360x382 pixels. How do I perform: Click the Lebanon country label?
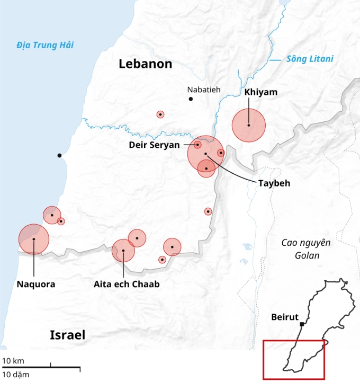(x=146, y=64)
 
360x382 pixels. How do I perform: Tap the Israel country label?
(x=68, y=335)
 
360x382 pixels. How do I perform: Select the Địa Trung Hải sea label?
(x=44, y=45)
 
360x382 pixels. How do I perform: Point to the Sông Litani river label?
(x=310, y=59)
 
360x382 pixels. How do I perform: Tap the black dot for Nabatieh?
(x=191, y=99)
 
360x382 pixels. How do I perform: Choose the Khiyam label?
(x=261, y=92)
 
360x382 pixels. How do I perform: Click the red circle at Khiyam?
(x=248, y=126)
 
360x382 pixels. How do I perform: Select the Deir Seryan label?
(x=154, y=145)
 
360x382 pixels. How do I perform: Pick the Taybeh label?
(x=275, y=183)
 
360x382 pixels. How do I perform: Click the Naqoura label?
(x=36, y=284)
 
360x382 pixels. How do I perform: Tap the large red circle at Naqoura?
(x=33, y=239)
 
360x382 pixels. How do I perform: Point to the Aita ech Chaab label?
(x=127, y=284)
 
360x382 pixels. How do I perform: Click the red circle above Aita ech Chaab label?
(x=123, y=251)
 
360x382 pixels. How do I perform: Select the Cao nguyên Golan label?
(x=305, y=249)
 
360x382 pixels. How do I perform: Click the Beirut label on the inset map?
(x=285, y=317)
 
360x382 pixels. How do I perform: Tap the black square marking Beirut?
(x=302, y=324)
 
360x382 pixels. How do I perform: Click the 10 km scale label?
(x=13, y=361)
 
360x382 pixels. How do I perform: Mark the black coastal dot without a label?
(x=59, y=155)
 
